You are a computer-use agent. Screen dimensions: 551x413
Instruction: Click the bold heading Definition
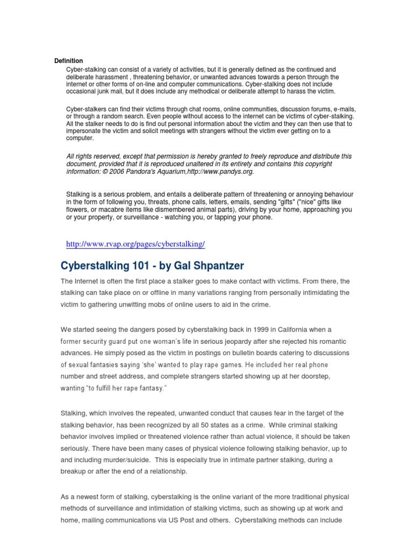coord(69,61)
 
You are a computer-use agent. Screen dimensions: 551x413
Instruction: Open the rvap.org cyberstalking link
coord(136,244)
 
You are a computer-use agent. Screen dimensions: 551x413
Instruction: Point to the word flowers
coord(79,210)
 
